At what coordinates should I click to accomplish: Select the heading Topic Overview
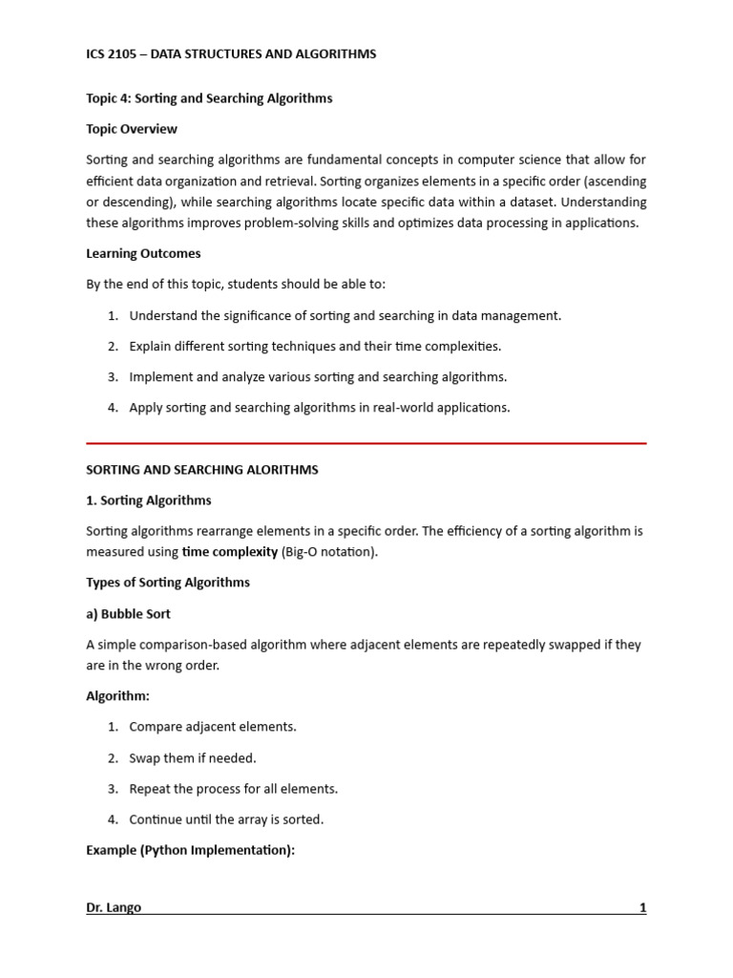(132, 129)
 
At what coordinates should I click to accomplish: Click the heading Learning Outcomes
(143, 254)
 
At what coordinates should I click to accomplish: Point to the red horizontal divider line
(366, 443)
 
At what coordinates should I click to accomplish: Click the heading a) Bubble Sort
(128, 614)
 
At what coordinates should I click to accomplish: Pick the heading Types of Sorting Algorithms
(168, 583)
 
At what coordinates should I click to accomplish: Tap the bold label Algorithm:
(117, 696)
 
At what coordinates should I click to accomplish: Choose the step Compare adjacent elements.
(213, 727)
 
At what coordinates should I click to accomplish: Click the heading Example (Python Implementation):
(190, 850)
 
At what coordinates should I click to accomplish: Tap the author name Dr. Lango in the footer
(114, 907)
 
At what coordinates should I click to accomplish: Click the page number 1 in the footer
(642, 907)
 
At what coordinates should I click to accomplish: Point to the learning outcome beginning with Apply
(320, 408)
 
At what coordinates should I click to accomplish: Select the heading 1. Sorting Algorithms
(149, 500)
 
